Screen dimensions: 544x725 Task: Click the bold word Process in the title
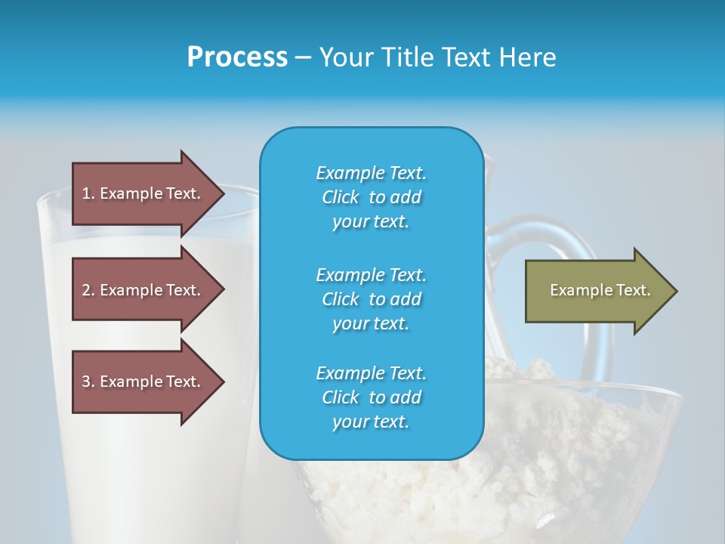coord(237,57)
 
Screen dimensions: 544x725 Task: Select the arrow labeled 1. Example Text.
coord(143,193)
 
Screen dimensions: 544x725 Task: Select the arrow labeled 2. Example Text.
coord(143,290)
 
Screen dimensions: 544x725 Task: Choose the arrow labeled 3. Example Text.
coord(143,382)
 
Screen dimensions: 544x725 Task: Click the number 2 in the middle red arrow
coord(86,290)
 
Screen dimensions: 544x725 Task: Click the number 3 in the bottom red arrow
coord(86,382)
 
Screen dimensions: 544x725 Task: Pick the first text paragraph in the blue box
coord(371,197)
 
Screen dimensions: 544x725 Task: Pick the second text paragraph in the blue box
coord(371,298)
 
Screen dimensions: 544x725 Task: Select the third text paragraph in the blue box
coord(371,397)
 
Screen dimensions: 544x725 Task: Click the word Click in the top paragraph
coord(341,197)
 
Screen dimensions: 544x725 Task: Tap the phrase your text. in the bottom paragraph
coord(371,422)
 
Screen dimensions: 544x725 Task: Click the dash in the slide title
coord(304,58)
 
